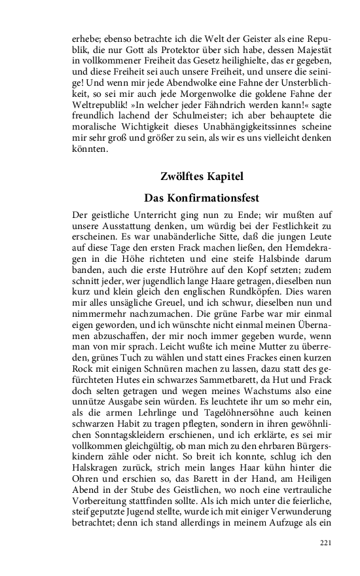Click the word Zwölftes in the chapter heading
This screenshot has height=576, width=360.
(x=181, y=176)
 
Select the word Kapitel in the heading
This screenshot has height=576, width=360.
(x=224, y=176)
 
